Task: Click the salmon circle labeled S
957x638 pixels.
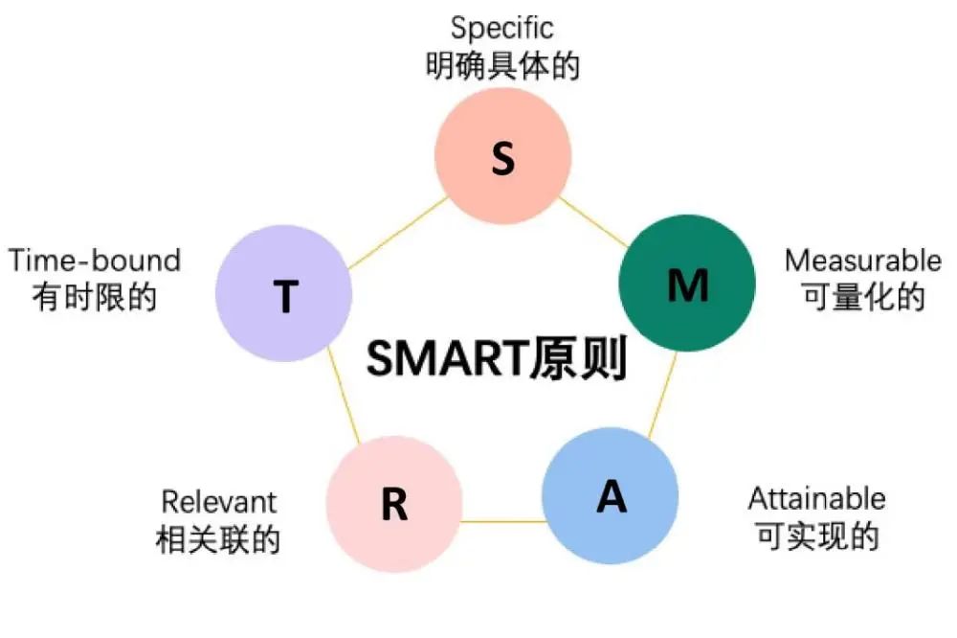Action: pyautogui.click(x=503, y=156)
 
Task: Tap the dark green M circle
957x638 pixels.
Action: pyautogui.click(x=687, y=283)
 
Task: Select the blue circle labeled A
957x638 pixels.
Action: pyautogui.click(x=611, y=495)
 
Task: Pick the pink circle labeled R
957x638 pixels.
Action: pyautogui.click(x=394, y=504)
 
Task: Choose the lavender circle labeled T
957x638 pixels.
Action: pyautogui.click(x=284, y=293)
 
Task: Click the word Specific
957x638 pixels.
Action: pyautogui.click(x=502, y=29)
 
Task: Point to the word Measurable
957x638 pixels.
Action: pyautogui.click(x=863, y=261)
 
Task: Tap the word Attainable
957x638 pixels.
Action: pyautogui.click(x=817, y=499)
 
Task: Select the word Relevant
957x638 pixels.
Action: pyautogui.click(x=219, y=502)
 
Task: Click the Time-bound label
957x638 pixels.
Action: pyautogui.click(x=95, y=261)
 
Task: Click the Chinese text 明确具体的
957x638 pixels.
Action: pyautogui.click(x=502, y=66)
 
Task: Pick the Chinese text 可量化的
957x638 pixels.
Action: pyautogui.click(x=863, y=298)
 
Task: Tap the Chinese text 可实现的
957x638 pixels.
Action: pyautogui.click(x=817, y=535)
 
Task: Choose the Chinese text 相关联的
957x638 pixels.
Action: pyautogui.click(x=218, y=540)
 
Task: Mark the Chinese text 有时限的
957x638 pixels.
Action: pyautogui.click(x=95, y=298)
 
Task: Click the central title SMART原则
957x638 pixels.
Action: pyautogui.click(x=496, y=357)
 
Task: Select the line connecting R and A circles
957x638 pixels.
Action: pyautogui.click(x=502, y=522)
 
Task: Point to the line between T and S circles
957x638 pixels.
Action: pyautogui.click(x=397, y=233)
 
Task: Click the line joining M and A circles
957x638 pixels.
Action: pyautogui.click(x=663, y=394)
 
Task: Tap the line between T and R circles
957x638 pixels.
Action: pyautogui.click(x=344, y=396)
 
